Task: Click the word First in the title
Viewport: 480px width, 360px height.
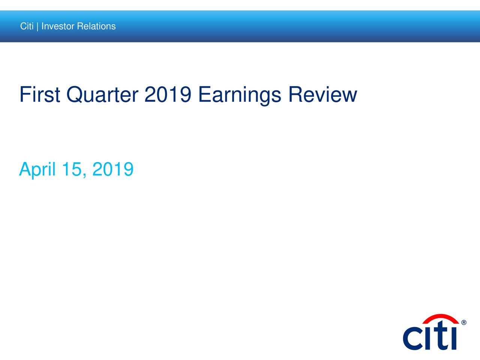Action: (39, 94)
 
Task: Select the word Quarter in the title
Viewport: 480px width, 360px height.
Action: (102, 94)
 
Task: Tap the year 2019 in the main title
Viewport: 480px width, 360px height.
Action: (168, 94)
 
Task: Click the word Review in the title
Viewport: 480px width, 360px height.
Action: (322, 94)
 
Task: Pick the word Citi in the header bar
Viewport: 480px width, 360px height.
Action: (27, 26)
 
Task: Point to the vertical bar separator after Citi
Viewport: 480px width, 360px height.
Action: (37, 26)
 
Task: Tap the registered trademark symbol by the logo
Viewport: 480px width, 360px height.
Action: (464, 322)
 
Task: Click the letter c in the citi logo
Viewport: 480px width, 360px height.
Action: (412, 339)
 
